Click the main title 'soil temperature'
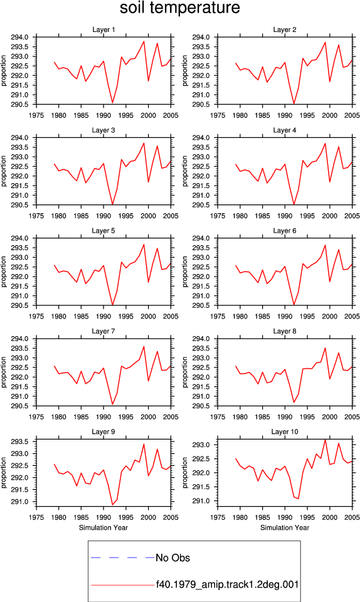(180, 8)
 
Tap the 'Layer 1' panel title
(103, 29)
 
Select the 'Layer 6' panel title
(285, 231)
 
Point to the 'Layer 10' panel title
(285, 432)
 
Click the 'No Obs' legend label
(172, 558)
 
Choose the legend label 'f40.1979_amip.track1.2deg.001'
(227, 584)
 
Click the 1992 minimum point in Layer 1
(112, 102)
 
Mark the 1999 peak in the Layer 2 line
(325, 42)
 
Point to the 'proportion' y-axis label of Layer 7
(4, 372)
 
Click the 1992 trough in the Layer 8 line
(294, 403)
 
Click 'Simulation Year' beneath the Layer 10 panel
(285, 528)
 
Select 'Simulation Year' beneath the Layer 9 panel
(103, 528)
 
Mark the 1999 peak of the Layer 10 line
(325, 440)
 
